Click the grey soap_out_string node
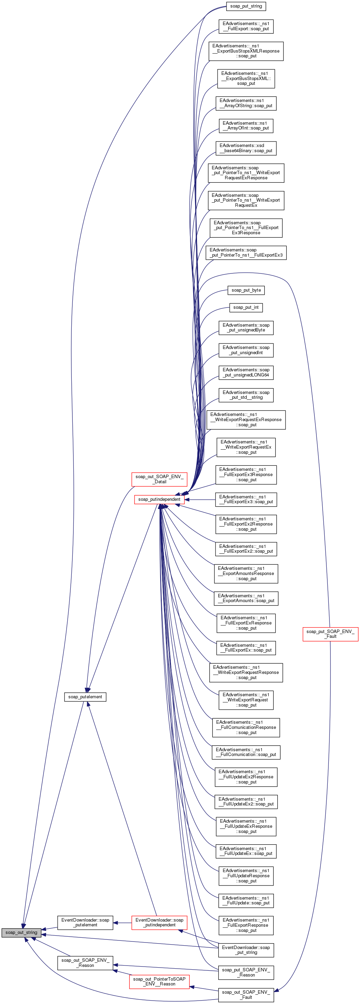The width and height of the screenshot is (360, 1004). point(21,932)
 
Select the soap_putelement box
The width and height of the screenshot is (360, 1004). point(85,697)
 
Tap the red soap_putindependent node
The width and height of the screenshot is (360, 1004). point(159,499)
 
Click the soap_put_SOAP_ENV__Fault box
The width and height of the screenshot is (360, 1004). point(330,634)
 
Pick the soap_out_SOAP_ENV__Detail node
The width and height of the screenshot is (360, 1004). point(159,479)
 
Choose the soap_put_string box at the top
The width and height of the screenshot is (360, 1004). point(246,6)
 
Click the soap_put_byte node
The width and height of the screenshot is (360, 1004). point(246,290)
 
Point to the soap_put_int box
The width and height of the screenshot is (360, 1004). point(246,307)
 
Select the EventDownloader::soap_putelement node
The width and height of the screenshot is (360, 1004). point(85,922)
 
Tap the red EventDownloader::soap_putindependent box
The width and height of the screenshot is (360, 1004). point(159,922)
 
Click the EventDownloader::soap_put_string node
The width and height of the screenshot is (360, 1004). point(246,950)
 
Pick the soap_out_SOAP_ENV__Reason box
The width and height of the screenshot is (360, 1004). point(85,963)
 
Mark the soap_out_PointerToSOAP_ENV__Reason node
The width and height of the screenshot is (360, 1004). point(159,981)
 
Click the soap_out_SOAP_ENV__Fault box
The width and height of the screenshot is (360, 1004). point(246,995)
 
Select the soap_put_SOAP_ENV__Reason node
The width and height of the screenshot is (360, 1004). point(246,972)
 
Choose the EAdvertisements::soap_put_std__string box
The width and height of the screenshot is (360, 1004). point(246,395)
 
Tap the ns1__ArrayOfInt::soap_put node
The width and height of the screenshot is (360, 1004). point(246,125)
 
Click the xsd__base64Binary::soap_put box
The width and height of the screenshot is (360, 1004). point(246,148)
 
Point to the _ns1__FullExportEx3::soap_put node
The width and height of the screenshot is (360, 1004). point(246,499)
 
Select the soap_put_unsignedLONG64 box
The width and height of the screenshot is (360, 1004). point(246,372)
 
